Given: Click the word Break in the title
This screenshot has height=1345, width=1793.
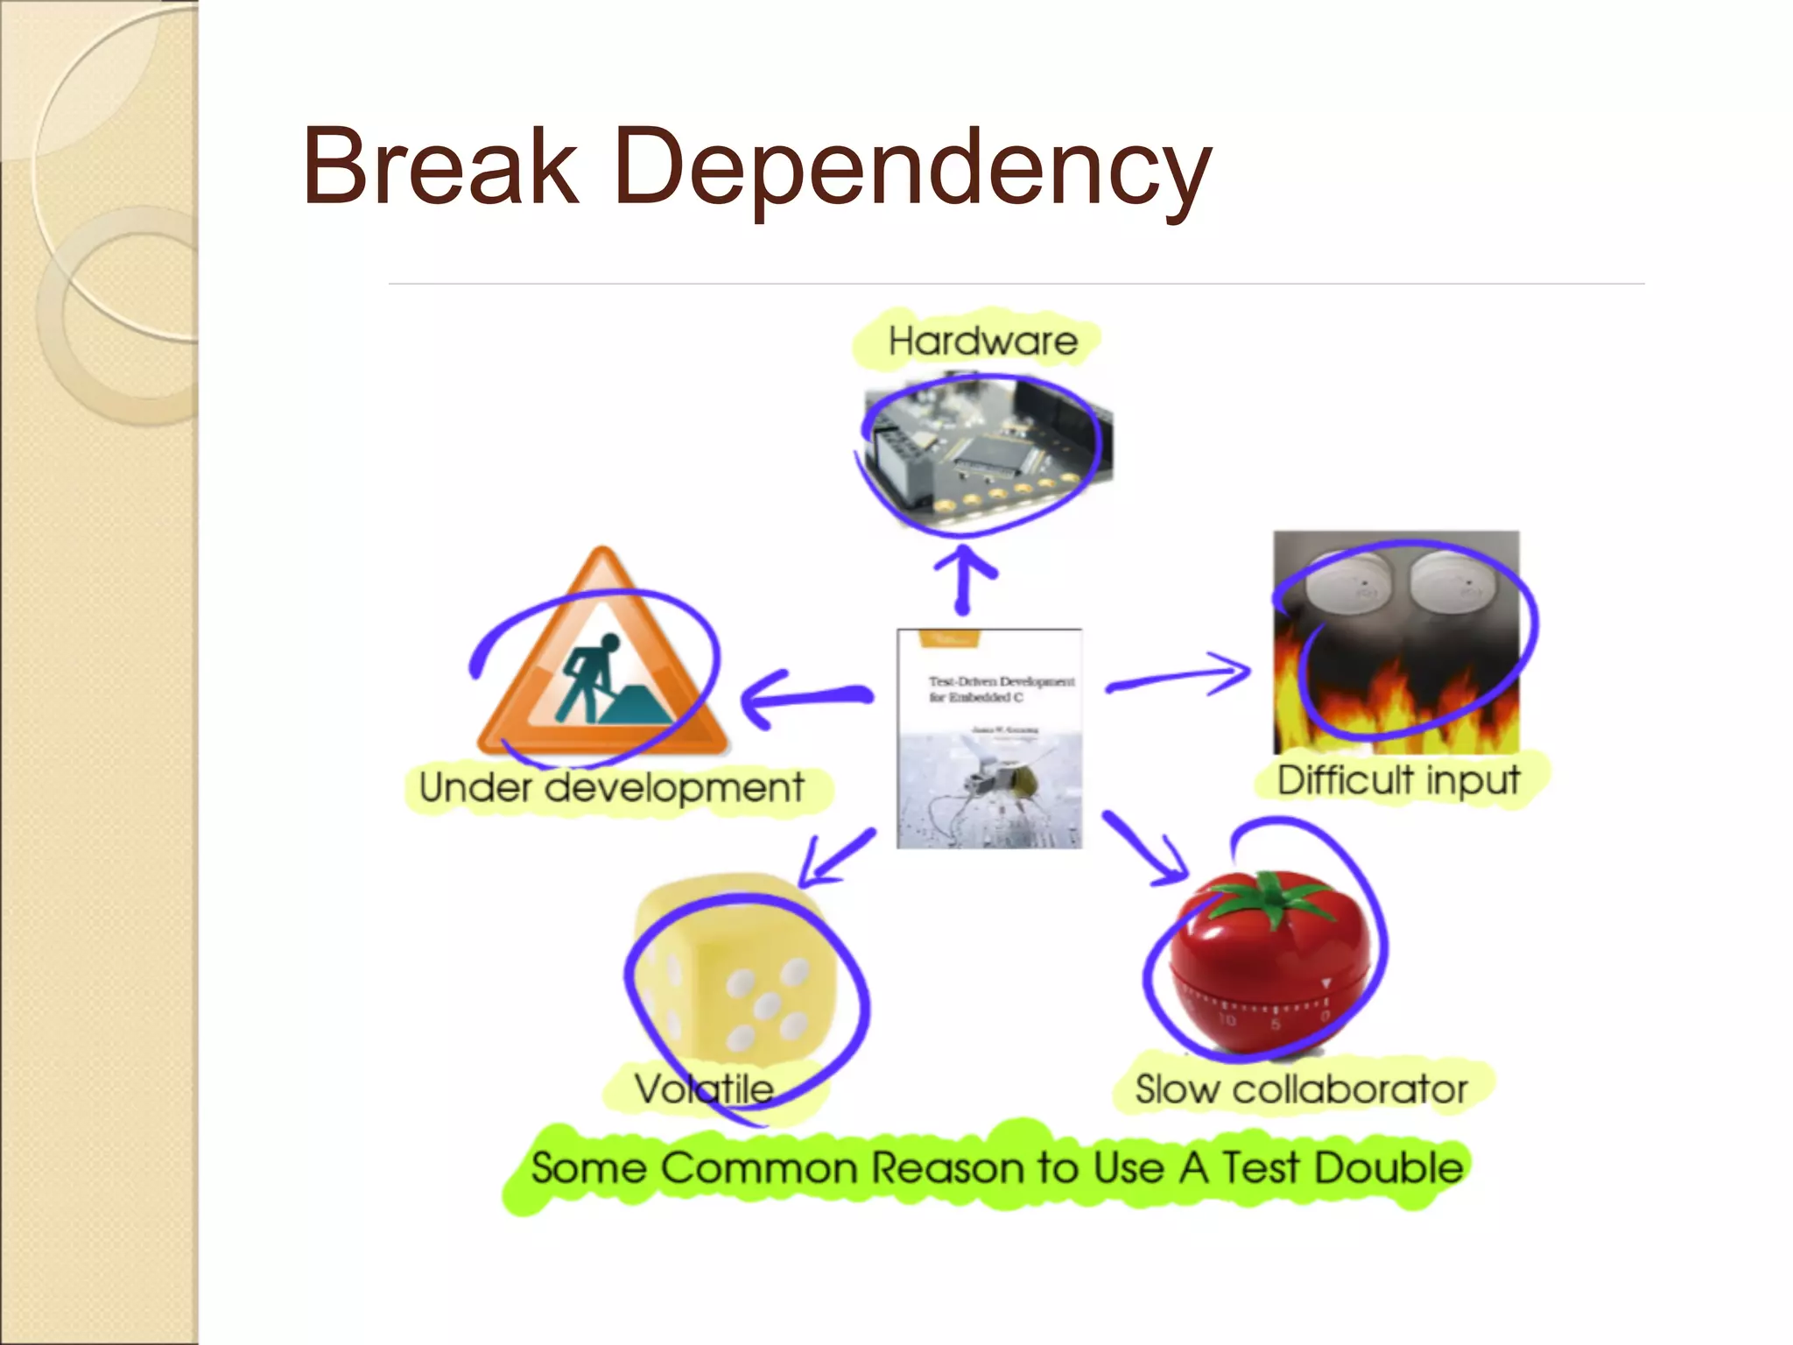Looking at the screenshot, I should [440, 165].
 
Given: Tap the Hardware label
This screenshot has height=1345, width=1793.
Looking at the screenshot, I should [982, 341].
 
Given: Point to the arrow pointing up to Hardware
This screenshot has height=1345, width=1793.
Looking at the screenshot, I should [964, 579].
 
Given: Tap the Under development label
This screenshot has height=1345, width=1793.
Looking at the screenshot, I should [611, 786].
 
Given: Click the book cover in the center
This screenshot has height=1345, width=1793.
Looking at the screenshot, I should [989, 738].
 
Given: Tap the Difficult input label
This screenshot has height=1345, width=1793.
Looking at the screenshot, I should [1398, 779].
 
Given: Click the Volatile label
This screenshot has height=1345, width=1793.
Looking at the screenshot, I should [704, 1089].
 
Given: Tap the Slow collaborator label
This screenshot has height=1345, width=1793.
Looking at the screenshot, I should [1301, 1089].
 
